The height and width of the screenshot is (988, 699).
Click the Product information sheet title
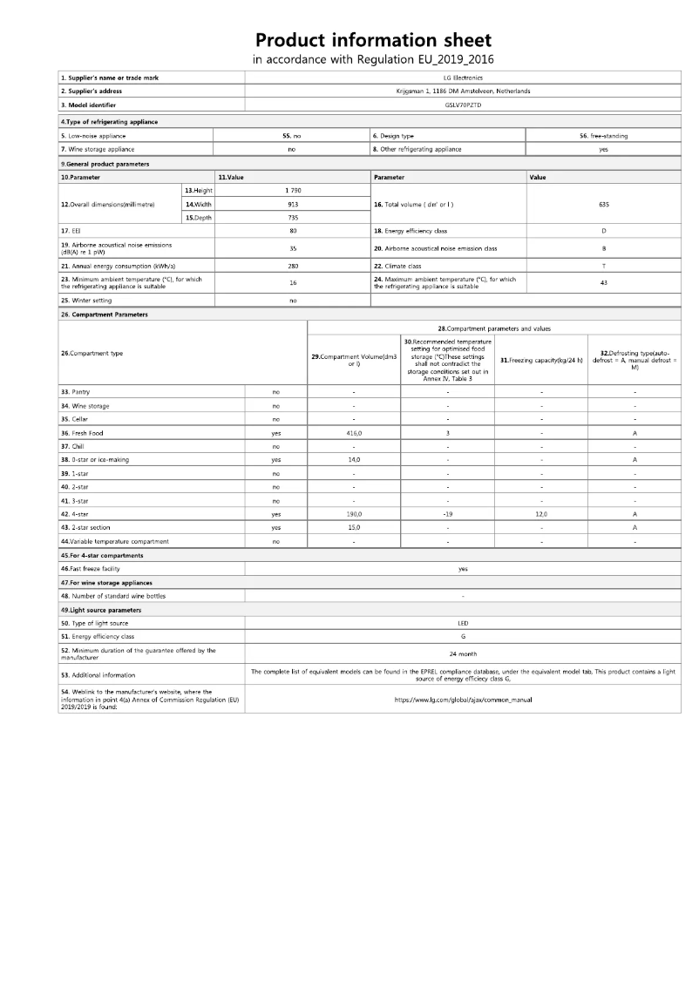(x=373, y=40)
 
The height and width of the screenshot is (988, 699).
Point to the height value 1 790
(x=293, y=190)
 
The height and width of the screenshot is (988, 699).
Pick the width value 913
(x=293, y=204)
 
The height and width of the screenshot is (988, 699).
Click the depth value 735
(x=293, y=217)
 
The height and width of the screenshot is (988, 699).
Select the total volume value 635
(x=604, y=204)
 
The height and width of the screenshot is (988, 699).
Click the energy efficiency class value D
(x=604, y=231)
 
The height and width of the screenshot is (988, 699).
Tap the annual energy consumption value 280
(x=293, y=265)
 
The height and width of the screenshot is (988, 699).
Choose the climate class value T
(x=604, y=265)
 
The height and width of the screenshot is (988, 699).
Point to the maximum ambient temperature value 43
(x=604, y=282)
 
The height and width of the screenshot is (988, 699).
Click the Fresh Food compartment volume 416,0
(x=354, y=433)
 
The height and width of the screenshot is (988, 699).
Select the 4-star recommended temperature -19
(x=447, y=514)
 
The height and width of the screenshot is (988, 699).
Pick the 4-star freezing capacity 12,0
(x=541, y=514)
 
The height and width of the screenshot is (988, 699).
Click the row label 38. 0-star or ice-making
(x=98, y=460)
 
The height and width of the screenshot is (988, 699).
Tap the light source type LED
(x=463, y=624)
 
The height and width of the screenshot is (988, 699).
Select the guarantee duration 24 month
(x=463, y=653)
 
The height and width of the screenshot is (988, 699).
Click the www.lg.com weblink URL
(x=463, y=700)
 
